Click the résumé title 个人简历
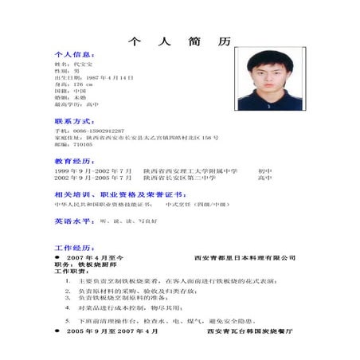point(179,41)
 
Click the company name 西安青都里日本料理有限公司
point(245,258)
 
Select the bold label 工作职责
point(68,272)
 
